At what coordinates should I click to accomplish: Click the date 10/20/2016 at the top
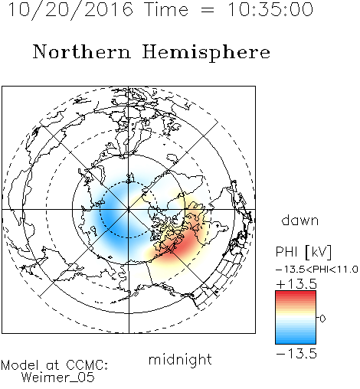point(70,10)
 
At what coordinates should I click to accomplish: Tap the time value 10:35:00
point(270,9)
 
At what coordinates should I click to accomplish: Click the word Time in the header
point(166,9)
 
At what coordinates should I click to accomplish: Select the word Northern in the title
point(82,51)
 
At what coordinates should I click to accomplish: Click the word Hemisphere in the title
point(206,53)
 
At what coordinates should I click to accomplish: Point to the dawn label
point(300,220)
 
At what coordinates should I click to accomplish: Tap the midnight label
point(180,359)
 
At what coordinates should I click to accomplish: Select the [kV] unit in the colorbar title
point(319,252)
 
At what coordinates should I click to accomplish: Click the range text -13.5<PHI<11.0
point(317,270)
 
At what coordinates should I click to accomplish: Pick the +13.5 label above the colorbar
point(296,284)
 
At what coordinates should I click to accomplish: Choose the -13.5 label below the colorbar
point(296,354)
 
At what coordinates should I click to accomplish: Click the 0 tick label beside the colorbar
point(322,319)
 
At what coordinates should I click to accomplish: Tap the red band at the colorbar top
point(296,294)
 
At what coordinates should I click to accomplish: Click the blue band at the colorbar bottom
point(296,341)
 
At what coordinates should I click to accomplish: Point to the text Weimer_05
point(58,377)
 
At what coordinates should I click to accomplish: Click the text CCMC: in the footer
point(87,365)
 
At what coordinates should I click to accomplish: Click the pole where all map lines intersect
point(129,210)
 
